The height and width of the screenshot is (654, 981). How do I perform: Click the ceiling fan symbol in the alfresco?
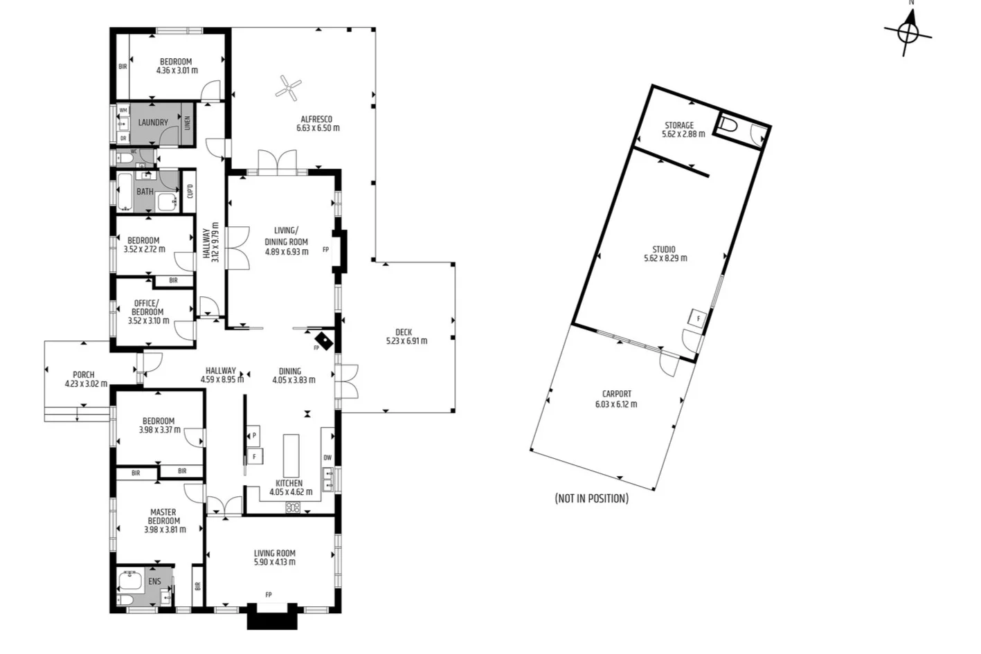click(x=289, y=87)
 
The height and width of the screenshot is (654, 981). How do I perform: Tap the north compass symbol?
click(x=908, y=31)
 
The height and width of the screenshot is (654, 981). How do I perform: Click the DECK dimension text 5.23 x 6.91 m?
click(x=406, y=341)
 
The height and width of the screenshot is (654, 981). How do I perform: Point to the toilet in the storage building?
click(x=728, y=125)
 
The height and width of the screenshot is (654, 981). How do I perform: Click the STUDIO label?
click(x=664, y=249)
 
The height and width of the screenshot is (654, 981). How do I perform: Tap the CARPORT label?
click(x=616, y=394)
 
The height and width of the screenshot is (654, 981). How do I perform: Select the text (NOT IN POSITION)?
click(x=591, y=498)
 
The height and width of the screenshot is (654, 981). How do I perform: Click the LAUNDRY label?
click(x=153, y=122)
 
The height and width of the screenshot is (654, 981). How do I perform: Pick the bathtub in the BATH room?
click(x=125, y=191)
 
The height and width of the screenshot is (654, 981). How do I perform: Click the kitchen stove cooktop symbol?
click(x=293, y=508)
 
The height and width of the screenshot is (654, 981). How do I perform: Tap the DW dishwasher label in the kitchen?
click(x=327, y=457)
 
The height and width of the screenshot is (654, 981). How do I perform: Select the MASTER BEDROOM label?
click(x=164, y=516)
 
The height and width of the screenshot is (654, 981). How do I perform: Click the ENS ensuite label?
click(x=154, y=581)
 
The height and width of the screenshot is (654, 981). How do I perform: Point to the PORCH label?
click(x=84, y=374)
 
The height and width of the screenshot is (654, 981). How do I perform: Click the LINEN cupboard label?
click(x=187, y=123)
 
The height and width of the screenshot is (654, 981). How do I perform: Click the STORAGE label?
click(x=679, y=125)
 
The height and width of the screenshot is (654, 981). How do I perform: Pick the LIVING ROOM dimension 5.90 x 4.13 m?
click(x=275, y=562)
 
